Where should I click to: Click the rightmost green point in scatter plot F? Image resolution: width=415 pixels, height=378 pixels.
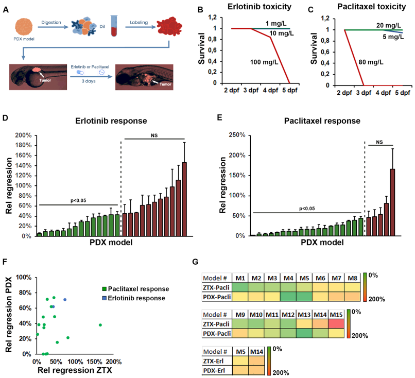pyautogui.click(x=100, y=325)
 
